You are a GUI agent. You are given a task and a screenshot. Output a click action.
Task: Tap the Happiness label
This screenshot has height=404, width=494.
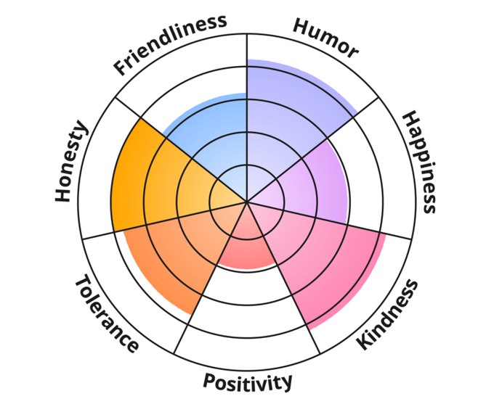(x=419, y=162)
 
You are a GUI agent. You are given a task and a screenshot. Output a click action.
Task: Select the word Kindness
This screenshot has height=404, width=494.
(x=388, y=314)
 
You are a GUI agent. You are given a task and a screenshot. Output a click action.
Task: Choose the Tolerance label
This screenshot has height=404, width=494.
(x=106, y=314)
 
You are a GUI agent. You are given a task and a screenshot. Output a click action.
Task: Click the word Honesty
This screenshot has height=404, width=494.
(x=71, y=162)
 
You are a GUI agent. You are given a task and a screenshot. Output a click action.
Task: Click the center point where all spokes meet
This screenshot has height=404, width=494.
(x=247, y=202)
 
